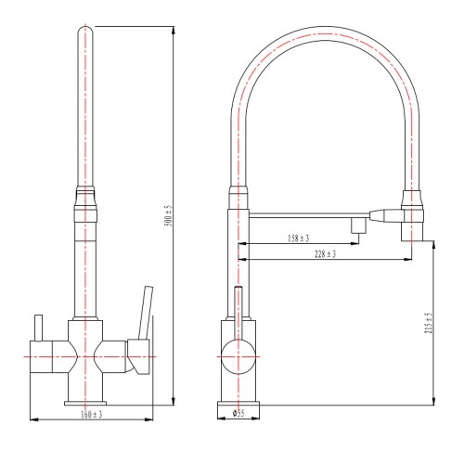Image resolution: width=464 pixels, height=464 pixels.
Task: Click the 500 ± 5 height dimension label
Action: pyautogui.click(x=169, y=215)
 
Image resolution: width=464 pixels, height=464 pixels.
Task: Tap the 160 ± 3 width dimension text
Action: pyautogui.click(x=92, y=415)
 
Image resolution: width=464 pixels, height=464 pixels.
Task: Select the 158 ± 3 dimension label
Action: pyautogui.click(x=299, y=238)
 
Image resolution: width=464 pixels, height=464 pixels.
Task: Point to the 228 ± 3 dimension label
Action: pyautogui.click(x=325, y=254)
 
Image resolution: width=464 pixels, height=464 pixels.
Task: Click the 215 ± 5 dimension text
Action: pyautogui.click(x=429, y=323)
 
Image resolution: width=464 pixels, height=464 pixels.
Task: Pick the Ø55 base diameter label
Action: pyautogui.click(x=238, y=413)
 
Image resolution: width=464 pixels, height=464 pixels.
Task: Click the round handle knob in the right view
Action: pyautogui.click(x=238, y=356)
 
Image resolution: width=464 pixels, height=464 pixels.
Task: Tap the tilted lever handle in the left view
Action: pyautogui.click(x=146, y=313)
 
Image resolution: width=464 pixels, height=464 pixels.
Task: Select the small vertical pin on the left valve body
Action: pyautogui.click(x=38, y=328)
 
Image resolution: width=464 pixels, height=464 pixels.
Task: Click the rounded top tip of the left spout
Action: pyautogui.click(x=85, y=31)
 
